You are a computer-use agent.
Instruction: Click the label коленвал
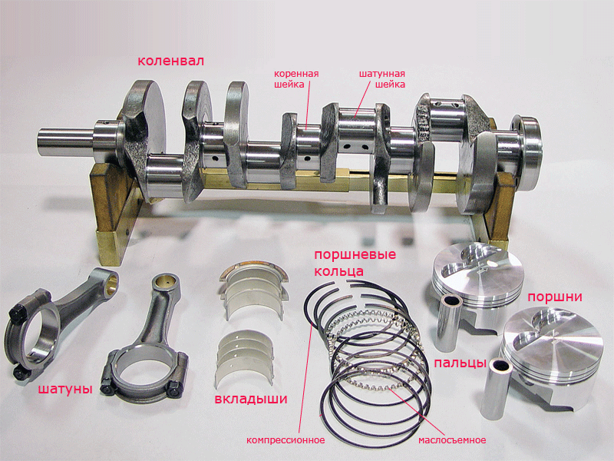coord(170,61)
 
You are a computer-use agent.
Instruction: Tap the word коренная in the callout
coord(296,74)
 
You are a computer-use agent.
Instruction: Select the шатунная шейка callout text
coord(382,79)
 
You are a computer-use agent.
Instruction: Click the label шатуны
coord(65,389)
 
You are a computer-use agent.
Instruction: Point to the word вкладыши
coord(251,399)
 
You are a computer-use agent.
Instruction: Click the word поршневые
coord(355,255)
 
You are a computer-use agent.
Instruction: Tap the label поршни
coord(554,297)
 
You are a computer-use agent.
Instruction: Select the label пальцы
coord(460,363)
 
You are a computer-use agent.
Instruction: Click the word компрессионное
coord(286,439)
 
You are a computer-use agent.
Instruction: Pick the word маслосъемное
coord(452,440)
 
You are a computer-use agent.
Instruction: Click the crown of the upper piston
coord(478,270)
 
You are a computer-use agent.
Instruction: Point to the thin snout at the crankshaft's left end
coord(66,142)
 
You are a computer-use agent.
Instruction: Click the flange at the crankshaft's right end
coord(527,154)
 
